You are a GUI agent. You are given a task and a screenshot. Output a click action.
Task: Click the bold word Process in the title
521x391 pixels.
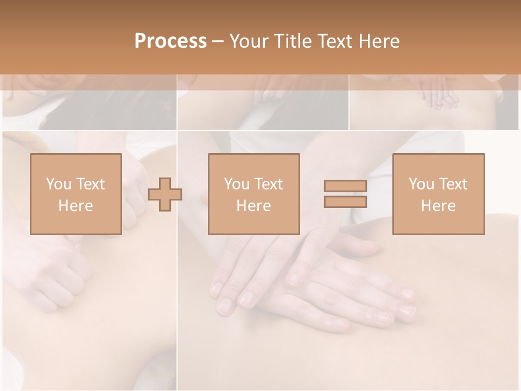[170, 41]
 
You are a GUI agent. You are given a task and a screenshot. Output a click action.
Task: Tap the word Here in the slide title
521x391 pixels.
[379, 41]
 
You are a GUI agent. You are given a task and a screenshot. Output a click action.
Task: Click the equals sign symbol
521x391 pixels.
[345, 194]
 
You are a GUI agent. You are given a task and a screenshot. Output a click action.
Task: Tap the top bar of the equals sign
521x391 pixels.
[345, 186]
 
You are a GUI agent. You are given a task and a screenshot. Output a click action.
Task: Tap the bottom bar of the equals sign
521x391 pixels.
[345, 201]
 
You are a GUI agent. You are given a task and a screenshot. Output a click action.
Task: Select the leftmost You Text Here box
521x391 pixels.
[75, 194]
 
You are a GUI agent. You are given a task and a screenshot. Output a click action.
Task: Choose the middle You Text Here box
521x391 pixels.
[253, 194]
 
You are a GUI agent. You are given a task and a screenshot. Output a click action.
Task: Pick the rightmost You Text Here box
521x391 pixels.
[438, 194]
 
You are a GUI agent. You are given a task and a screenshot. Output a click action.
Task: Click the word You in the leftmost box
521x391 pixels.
[58, 184]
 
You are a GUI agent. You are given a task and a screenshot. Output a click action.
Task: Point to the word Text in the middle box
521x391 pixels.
[268, 184]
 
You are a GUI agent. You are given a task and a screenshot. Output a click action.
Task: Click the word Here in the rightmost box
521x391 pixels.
[438, 206]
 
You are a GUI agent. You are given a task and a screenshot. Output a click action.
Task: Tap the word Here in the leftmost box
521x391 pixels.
[75, 206]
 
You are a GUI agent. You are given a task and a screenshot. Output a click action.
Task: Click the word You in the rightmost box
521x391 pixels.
[421, 184]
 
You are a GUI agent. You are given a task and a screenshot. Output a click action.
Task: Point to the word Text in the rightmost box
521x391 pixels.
[453, 184]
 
